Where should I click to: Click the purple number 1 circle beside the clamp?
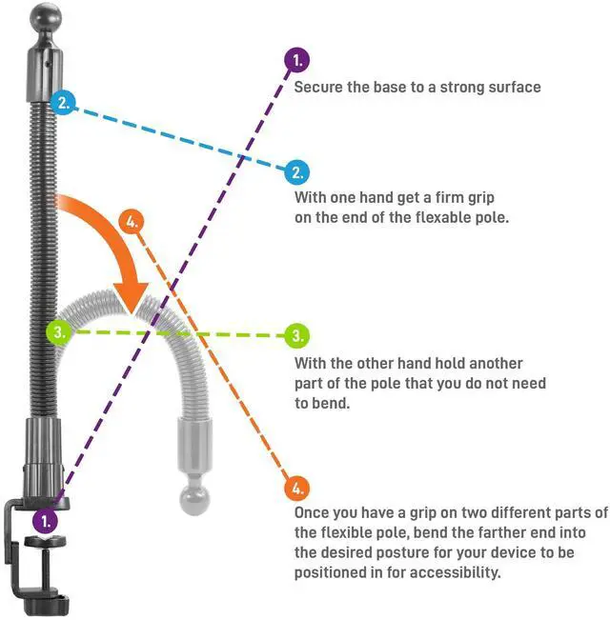45,521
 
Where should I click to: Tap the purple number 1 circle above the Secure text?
297,61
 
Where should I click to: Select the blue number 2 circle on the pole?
63,103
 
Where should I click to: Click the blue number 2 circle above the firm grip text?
297,172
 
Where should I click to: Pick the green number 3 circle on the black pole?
59,332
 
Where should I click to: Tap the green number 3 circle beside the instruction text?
297,335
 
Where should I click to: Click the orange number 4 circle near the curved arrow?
133,222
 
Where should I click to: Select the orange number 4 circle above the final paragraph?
296,489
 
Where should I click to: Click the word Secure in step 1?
316,87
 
